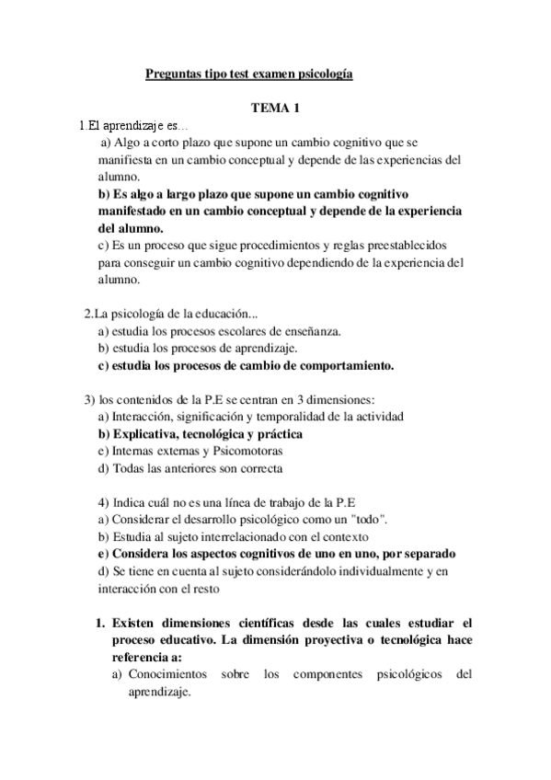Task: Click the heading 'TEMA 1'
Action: tap(275, 109)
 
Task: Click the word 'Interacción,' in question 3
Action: tap(145, 416)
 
